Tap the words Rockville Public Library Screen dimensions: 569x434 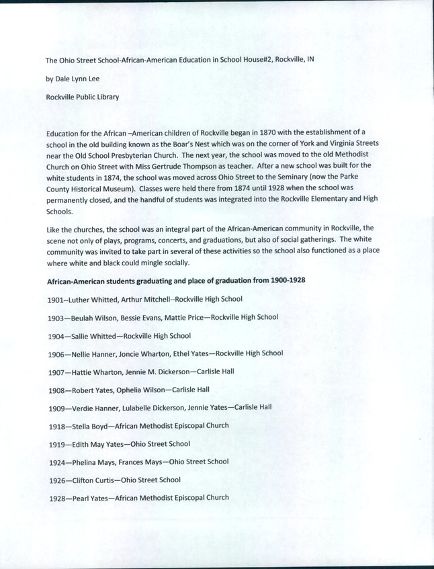(83, 96)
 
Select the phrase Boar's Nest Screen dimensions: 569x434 (187, 144)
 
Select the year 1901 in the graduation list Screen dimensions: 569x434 (56, 299)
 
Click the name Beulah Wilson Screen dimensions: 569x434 (92, 317)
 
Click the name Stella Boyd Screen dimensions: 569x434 (90, 426)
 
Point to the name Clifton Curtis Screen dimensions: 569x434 (93, 480)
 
